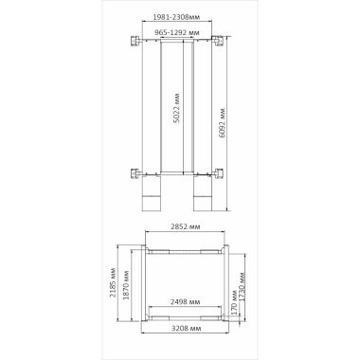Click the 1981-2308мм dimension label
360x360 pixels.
click(x=176, y=17)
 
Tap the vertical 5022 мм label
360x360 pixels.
click(x=177, y=108)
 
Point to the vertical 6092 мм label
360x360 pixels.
click(x=223, y=123)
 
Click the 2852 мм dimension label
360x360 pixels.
click(x=186, y=226)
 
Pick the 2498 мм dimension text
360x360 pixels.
click(x=186, y=302)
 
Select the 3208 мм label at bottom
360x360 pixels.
click(x=186, y=329)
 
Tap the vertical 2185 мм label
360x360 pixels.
click(x=113, y=283)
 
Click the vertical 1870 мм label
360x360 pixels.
click(x=126, y=285)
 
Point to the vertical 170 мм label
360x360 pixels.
click(x=234, y=302)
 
